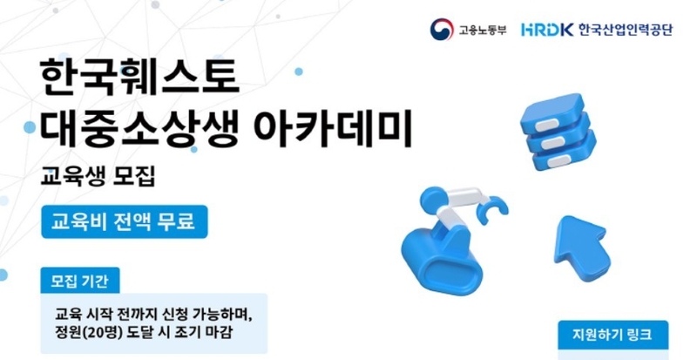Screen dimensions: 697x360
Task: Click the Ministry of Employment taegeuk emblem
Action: pyautogui.click(x=442, y=30)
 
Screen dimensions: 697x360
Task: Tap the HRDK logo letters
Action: pyautogui.click(x=547, y=30)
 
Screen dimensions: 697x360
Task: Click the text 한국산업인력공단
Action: pyautogui.click(x=626, y=30)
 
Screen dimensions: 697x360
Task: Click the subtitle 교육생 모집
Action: pyautogui.click(x=98, y=176)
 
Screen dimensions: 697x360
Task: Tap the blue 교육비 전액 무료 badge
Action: pyautogui.click(x=124, y=221)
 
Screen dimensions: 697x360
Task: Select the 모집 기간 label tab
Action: pyautogui.click(x=80, y=281)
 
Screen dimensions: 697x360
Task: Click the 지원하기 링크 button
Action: pyautogui.click(x=613, y=335)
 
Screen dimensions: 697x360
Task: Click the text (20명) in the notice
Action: pyautogui.click(x=100, y=333)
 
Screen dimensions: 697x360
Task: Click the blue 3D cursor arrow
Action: pyautogui.click(x=582, y=246)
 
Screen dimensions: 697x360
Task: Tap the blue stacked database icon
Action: pyautogui.click(x=558, y=132)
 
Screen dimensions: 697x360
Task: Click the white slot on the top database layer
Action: pyautogui.click(x=546, y=125)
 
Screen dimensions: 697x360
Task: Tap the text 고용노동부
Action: pyautogui.click(x=483, y=30)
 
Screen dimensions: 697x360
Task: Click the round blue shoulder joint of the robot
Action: pyautogui.click(x=433, y=200)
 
